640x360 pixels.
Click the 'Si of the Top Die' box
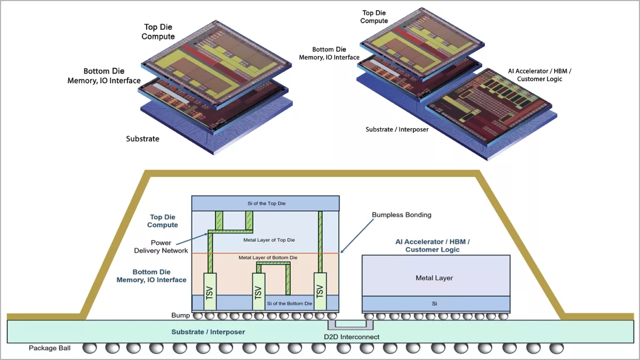[x=266, y=203]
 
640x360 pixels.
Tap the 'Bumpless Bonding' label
[x=401, y=215]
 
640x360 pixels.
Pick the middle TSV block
[x=258, y=291]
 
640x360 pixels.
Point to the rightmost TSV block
[x=319, y=291]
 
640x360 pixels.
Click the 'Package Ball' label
[x=50, y=348]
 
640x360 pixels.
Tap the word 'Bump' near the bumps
[x=180, y=316]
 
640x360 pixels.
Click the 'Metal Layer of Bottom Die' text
[x=268, y=258]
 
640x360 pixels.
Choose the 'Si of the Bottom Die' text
[x=289, y=303]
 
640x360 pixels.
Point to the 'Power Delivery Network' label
[x=169, y=246]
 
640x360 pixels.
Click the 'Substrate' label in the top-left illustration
[x=142, y=139]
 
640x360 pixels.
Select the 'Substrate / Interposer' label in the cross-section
[x=208, y=332]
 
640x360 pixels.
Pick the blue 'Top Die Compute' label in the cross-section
[x=163, y=221]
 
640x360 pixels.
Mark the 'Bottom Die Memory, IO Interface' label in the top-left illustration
[x=104, y=76]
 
